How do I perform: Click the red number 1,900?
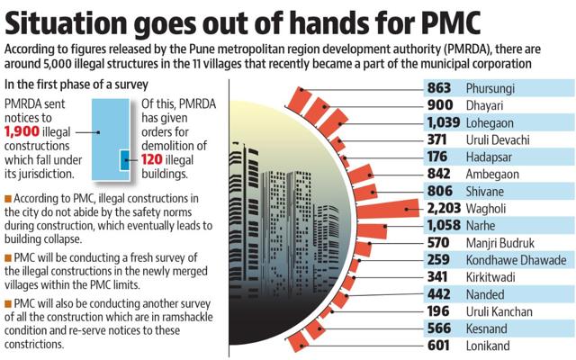pyautogui.click(x=22, y=131)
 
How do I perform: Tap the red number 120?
pyautogui.click(x=152, y=159)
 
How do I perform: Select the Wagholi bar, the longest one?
pyautogui.click(x=388, y=209)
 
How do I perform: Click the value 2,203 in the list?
pyautogui.click(x=444, y=208)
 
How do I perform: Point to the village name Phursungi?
pyautogui.click(x=490, y=88)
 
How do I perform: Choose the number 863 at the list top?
pyautogui.click(x=438, y=88)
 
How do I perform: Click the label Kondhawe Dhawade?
pyautogui.click(x=516, y=260)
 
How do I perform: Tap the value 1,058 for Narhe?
pyautogui.click(x=444, y=225)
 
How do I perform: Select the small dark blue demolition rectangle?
pyautogui.click(x=125, y=160)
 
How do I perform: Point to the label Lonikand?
pyautogui.click(x=488, y=346)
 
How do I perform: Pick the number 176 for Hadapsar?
pyautogui.click(x=437, y=157)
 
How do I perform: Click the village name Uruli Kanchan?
pyautogui.click(x=499, y=311)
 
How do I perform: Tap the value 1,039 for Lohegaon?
pyautogui.click(x=444, y=122)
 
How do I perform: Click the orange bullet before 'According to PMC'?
pyautogui.click(x=8, y=199)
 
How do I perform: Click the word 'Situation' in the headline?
pyautogui.click(x=65, y=22)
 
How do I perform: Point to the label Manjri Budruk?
pyautogui.click(x=500, y=243)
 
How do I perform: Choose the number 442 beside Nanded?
pyautogui.click(x=438, y=294)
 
